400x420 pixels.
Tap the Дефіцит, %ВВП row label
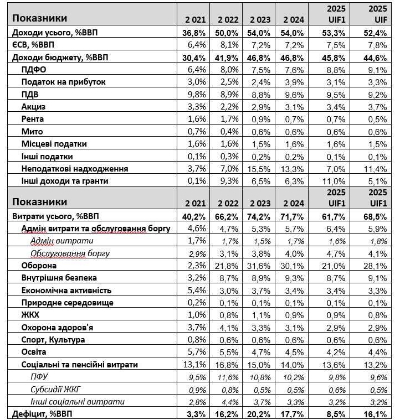tap(45, 413)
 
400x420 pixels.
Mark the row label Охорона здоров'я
tap(57, 327)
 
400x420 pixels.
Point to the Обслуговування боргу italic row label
tap(70, 254)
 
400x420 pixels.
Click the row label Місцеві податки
tap(54, 144)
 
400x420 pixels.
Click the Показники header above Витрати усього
tap(39, 202)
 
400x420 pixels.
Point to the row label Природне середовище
tap(68, 303)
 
